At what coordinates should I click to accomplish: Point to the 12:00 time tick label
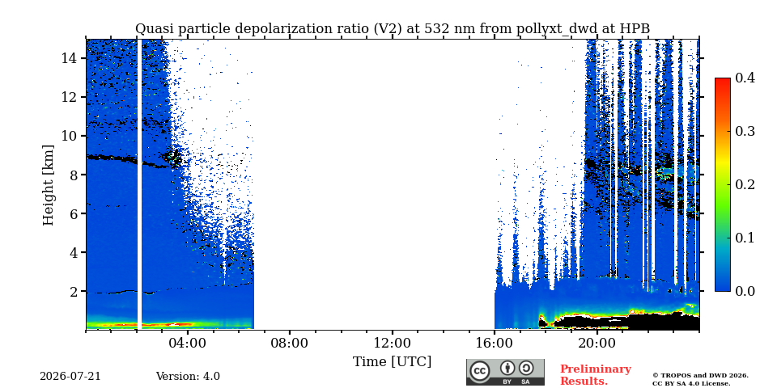(x=393, y=343)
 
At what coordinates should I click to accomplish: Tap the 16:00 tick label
(x=495, y=343)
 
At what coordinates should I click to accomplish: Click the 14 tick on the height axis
(x=69, y=58)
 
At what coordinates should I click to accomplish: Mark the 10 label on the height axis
(x=69, y=136)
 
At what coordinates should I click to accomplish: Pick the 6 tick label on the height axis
(x=73, y=213)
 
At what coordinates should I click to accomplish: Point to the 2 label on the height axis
(x=73, y=291)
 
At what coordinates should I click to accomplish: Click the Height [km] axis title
(x=48, y=185)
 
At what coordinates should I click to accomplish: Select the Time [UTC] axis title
(x=392, y=362)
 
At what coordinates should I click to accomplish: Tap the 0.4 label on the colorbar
(x=745, y=78)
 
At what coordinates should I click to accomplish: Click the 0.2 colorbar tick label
(x=745, y=184)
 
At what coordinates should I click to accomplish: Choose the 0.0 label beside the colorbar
(x=745, y=291)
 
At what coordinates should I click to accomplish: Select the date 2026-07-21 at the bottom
(x=70, y=377)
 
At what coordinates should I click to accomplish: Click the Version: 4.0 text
(x=188, y=377)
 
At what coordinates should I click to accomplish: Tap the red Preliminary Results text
(x=596, y=375)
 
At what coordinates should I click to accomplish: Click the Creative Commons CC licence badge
(x=505, y=372)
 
